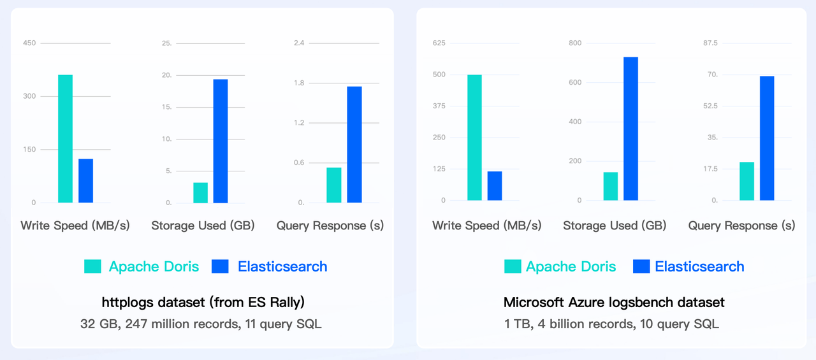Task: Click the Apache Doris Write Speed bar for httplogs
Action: pyautogui.click(x=65, y=139)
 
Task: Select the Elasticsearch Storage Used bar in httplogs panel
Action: pyautogui.click(x=221, y=141)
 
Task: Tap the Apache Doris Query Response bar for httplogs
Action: pyautogui.click(x=334, y=185)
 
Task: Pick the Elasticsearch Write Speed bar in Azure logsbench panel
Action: pyautogui.click(x=495, y=185)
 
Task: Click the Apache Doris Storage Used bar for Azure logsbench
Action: pyautogui.click(x=611, y=186)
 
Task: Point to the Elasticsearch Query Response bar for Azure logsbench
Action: pyautogui.click(x=767, y=138)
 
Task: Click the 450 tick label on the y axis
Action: pyautogui.click(x=29, y=43)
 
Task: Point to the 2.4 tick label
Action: pyautogui.click(x=298, y=43)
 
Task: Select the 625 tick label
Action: pyautogui.click(x=439, y=43)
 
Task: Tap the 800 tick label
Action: pyautogui.click(x=575, y=43)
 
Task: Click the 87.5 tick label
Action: pyautogui.click(x=710, y=43)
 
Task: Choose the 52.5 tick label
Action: pyautogui.click(x=710, y=106)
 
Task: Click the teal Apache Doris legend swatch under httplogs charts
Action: pyautogui.click(x=92, y=266)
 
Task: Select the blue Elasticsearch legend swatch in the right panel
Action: pyautogui.click(x=641, y=266)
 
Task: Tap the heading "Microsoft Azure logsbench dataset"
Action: pyautogui.click(x=614, y=302)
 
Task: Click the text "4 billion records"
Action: pyautogui.click(x=586, y=324)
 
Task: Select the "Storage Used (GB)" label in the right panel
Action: pyautogui.click(x=615, y=226)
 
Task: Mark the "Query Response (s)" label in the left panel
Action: pyautogui.click(x=330, y=226)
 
